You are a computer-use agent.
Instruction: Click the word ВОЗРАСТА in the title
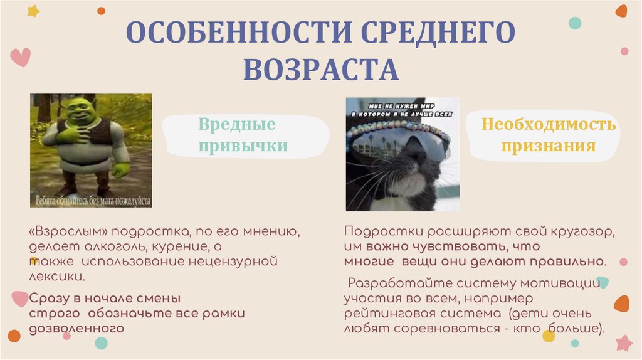tap(320, 70)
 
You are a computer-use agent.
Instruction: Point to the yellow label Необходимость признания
tap(548, 135)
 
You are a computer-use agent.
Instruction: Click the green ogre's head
tap(80, 113)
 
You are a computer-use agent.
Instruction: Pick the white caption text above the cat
tap(401, 110)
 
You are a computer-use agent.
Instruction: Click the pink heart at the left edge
tap(20, 57)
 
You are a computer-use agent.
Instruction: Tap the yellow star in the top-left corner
tap(33, 11)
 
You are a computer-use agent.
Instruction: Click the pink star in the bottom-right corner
tap(623, 342)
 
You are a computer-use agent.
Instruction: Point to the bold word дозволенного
tap(76, 327)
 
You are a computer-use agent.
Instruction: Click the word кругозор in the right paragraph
tap(584, 231)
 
